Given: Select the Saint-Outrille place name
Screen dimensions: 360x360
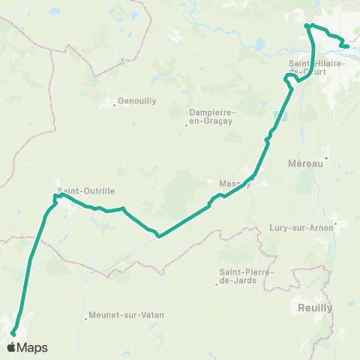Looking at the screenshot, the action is click(x=86, y=191).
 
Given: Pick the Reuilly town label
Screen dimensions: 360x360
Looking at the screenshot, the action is click(x=312, y=307).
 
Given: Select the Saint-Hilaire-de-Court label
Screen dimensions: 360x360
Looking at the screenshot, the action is click(x=316, y=67).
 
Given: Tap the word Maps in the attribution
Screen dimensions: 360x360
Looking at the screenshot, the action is click(x=33, y=347).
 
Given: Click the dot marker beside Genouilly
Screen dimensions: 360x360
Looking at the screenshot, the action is click(x=114, y=105).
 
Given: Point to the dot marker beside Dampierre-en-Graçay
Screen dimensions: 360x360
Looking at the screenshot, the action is click(x=186, y=125).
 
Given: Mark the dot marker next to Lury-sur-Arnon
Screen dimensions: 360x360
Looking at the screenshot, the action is click(x=335, y=223).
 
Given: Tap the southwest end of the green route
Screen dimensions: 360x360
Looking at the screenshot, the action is click(x=13, y=334).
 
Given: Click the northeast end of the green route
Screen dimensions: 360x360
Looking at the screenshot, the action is click(x=347, y=46).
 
